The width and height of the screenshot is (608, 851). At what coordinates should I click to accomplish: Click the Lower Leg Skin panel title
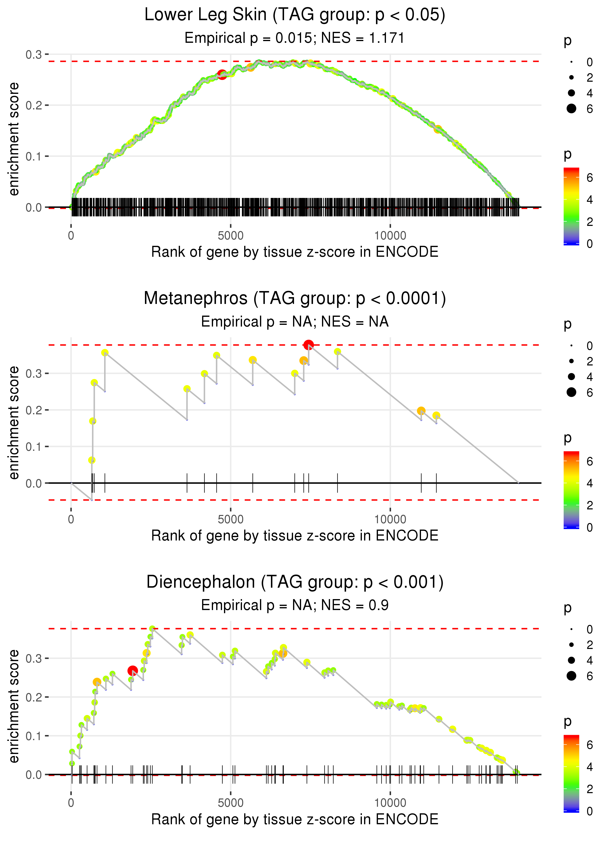(x=295, y=15)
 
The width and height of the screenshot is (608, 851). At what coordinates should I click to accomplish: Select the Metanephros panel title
(x=295, y=299)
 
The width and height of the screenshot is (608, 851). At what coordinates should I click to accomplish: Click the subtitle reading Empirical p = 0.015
(x=295, y=38)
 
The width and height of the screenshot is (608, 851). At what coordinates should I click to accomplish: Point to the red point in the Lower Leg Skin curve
(x=222, y=74)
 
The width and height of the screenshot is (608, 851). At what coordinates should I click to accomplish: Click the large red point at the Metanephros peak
(x=308, y=345)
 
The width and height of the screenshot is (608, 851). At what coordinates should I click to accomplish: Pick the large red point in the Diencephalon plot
(x=133, y=671)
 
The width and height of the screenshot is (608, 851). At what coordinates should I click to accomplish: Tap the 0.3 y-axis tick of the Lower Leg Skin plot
(x=34, y=55)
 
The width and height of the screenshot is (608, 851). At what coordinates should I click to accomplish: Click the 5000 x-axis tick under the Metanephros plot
(x=231, y=519)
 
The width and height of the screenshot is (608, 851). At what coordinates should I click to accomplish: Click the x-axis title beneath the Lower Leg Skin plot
(x=295, y=252)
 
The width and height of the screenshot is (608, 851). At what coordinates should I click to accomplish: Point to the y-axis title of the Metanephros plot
(x=14, y=423)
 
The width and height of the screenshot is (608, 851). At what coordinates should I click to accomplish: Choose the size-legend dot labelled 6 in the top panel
(x=571, y=108)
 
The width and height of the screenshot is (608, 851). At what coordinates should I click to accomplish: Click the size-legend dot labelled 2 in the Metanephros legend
(x=571, y=361)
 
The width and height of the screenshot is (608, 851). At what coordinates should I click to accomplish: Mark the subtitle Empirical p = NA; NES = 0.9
(x=295, y=605)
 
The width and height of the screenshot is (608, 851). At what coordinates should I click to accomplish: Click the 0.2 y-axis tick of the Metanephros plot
(x=34, y=410)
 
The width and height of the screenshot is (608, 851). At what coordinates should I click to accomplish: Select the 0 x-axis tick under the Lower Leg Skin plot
(x=71, y=236)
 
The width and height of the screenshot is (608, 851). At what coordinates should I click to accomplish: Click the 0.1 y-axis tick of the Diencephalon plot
(x=34, y=736)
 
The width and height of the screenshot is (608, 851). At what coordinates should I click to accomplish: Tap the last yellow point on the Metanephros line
(x=436, y=415)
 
